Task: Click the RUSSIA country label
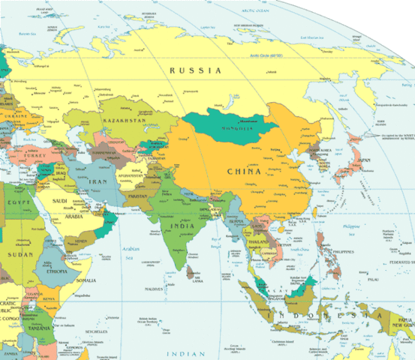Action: (195, 70)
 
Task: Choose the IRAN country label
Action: (99, 181)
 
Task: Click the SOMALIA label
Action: (86, 280)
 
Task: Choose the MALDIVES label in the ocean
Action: (154, 289)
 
